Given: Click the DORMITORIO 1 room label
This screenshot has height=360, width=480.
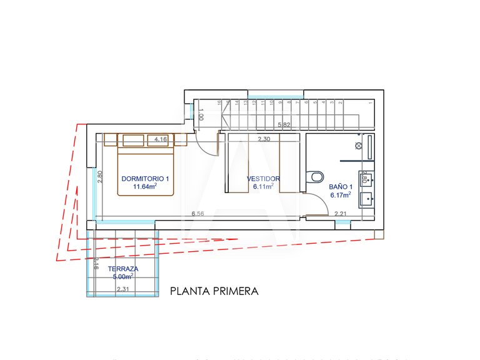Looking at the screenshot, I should coord(145,178).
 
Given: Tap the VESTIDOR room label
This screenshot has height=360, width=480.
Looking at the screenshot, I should coord(263,178).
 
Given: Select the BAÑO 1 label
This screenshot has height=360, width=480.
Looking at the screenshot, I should coord(341,186).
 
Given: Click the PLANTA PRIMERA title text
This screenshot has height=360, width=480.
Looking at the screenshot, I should coord(214,291).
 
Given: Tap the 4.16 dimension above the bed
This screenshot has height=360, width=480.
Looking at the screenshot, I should coord(160,139).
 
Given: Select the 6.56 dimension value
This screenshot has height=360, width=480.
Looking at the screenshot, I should coord(198,214).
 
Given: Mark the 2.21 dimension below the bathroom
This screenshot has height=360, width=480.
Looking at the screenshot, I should coord(341,214).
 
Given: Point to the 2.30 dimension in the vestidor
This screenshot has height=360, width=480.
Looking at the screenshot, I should coord(263,139).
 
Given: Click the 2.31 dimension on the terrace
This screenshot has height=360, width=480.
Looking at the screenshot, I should coord(123,289).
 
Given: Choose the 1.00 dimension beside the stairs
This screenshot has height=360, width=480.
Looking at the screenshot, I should coord(201,116).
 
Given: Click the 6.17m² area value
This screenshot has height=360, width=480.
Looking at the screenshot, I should coord(341,194).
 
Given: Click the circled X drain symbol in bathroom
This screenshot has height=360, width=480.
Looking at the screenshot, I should coord(358,146).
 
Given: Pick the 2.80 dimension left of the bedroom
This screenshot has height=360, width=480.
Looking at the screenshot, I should coord(99,177).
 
